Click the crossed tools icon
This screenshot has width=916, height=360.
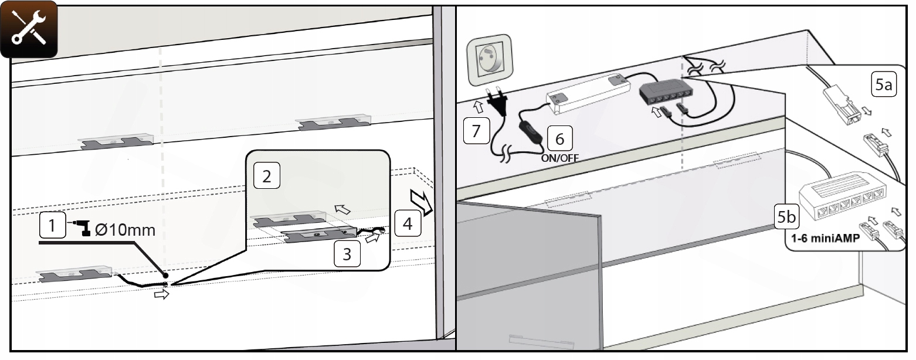[29, 29]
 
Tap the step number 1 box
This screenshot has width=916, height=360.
[52, 225]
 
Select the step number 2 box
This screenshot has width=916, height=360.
[267, 176]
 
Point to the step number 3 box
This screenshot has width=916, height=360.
[347, 254]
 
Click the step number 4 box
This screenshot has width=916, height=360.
[408, 223]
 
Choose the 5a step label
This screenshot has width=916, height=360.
[884, 84]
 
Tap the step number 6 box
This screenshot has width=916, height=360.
[559, 139]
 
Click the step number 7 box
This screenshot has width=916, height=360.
[476, 131]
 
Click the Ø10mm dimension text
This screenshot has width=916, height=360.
[125, 230]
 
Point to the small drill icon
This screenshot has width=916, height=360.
[82, 227]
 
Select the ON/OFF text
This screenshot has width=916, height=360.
[560, 158]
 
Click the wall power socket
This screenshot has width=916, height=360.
[490, 60]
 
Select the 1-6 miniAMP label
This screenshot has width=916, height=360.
[826, 238]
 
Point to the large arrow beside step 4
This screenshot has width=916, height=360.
[422, 202]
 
